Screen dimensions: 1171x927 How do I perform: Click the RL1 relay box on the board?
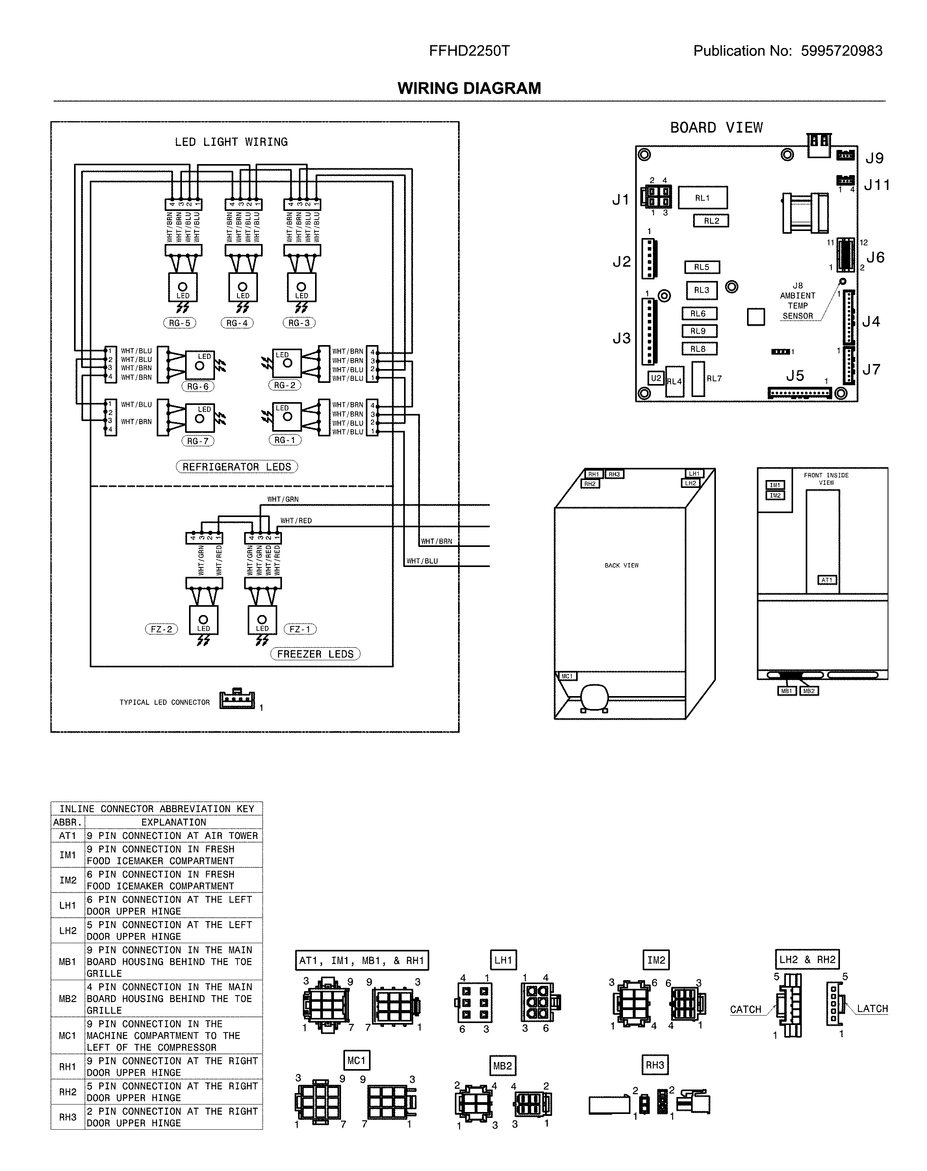(703, 198)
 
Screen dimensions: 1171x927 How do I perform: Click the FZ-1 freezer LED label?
(300, 629)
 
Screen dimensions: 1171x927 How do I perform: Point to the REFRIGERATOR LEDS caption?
(237, 467)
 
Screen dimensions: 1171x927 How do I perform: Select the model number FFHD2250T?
(469, 51)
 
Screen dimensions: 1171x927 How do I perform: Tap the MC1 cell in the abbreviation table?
(68, 1035)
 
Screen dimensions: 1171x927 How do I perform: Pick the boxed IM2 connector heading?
(656, 960)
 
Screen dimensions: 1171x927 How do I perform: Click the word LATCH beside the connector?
(872, 1009)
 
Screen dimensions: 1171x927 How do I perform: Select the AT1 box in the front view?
(827, 580)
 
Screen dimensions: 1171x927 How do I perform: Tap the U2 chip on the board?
(656, 378)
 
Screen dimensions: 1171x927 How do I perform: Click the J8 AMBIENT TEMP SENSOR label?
(797, 301)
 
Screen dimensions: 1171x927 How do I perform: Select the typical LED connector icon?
(237, 700)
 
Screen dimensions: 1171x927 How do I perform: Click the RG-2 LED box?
(287, 363)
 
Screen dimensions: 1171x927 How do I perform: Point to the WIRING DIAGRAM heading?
(469, 89)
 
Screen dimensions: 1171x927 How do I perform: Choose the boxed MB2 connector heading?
(502, 1066)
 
